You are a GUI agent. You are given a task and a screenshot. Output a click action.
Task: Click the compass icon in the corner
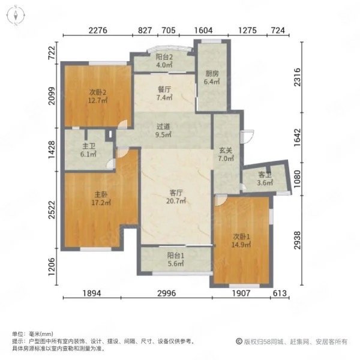point(16,16)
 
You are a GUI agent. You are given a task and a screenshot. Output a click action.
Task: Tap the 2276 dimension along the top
point(98,31)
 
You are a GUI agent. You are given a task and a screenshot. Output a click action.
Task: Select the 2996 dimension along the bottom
point(166,293)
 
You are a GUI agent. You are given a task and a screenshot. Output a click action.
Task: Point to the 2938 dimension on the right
point(298,240)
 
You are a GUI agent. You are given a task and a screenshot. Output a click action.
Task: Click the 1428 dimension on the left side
point(52,149)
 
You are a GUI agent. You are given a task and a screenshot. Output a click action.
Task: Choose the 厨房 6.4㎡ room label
point(212,77)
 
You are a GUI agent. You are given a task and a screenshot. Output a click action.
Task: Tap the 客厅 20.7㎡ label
point(176,197)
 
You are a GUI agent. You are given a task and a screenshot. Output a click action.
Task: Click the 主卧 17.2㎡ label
point(101,199)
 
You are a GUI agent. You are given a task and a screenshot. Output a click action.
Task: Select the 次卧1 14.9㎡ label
point(241,241)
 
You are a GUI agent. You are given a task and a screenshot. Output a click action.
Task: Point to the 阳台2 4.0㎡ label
point(164,61)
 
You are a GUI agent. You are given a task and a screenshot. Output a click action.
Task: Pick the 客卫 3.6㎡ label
point(265,179)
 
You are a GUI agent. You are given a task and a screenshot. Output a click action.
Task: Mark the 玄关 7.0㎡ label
point(226,154)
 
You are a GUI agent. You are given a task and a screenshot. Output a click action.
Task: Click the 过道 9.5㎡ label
point(163,130)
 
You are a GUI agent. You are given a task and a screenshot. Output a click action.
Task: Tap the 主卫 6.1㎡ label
point(88,150)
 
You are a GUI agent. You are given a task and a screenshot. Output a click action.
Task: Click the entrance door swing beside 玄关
point(247,137)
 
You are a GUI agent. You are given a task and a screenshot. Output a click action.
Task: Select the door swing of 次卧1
point(221,200)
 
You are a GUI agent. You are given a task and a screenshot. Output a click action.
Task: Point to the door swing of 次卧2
point(122,124)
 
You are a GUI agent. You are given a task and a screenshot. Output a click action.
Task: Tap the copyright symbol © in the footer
point(239,341)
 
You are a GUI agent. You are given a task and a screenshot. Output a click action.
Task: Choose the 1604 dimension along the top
point(203,31)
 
